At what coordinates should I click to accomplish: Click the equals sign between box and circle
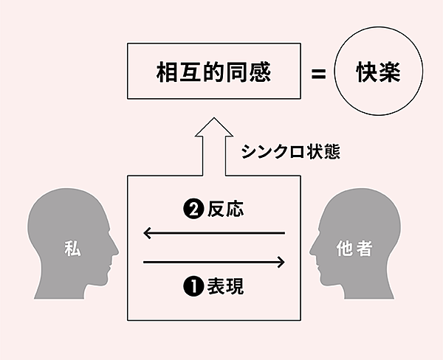point(318,74)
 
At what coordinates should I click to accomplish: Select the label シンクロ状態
point(290,153)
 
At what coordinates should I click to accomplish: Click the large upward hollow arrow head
point(213,131)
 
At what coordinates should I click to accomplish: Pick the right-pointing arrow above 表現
point(214,261)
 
